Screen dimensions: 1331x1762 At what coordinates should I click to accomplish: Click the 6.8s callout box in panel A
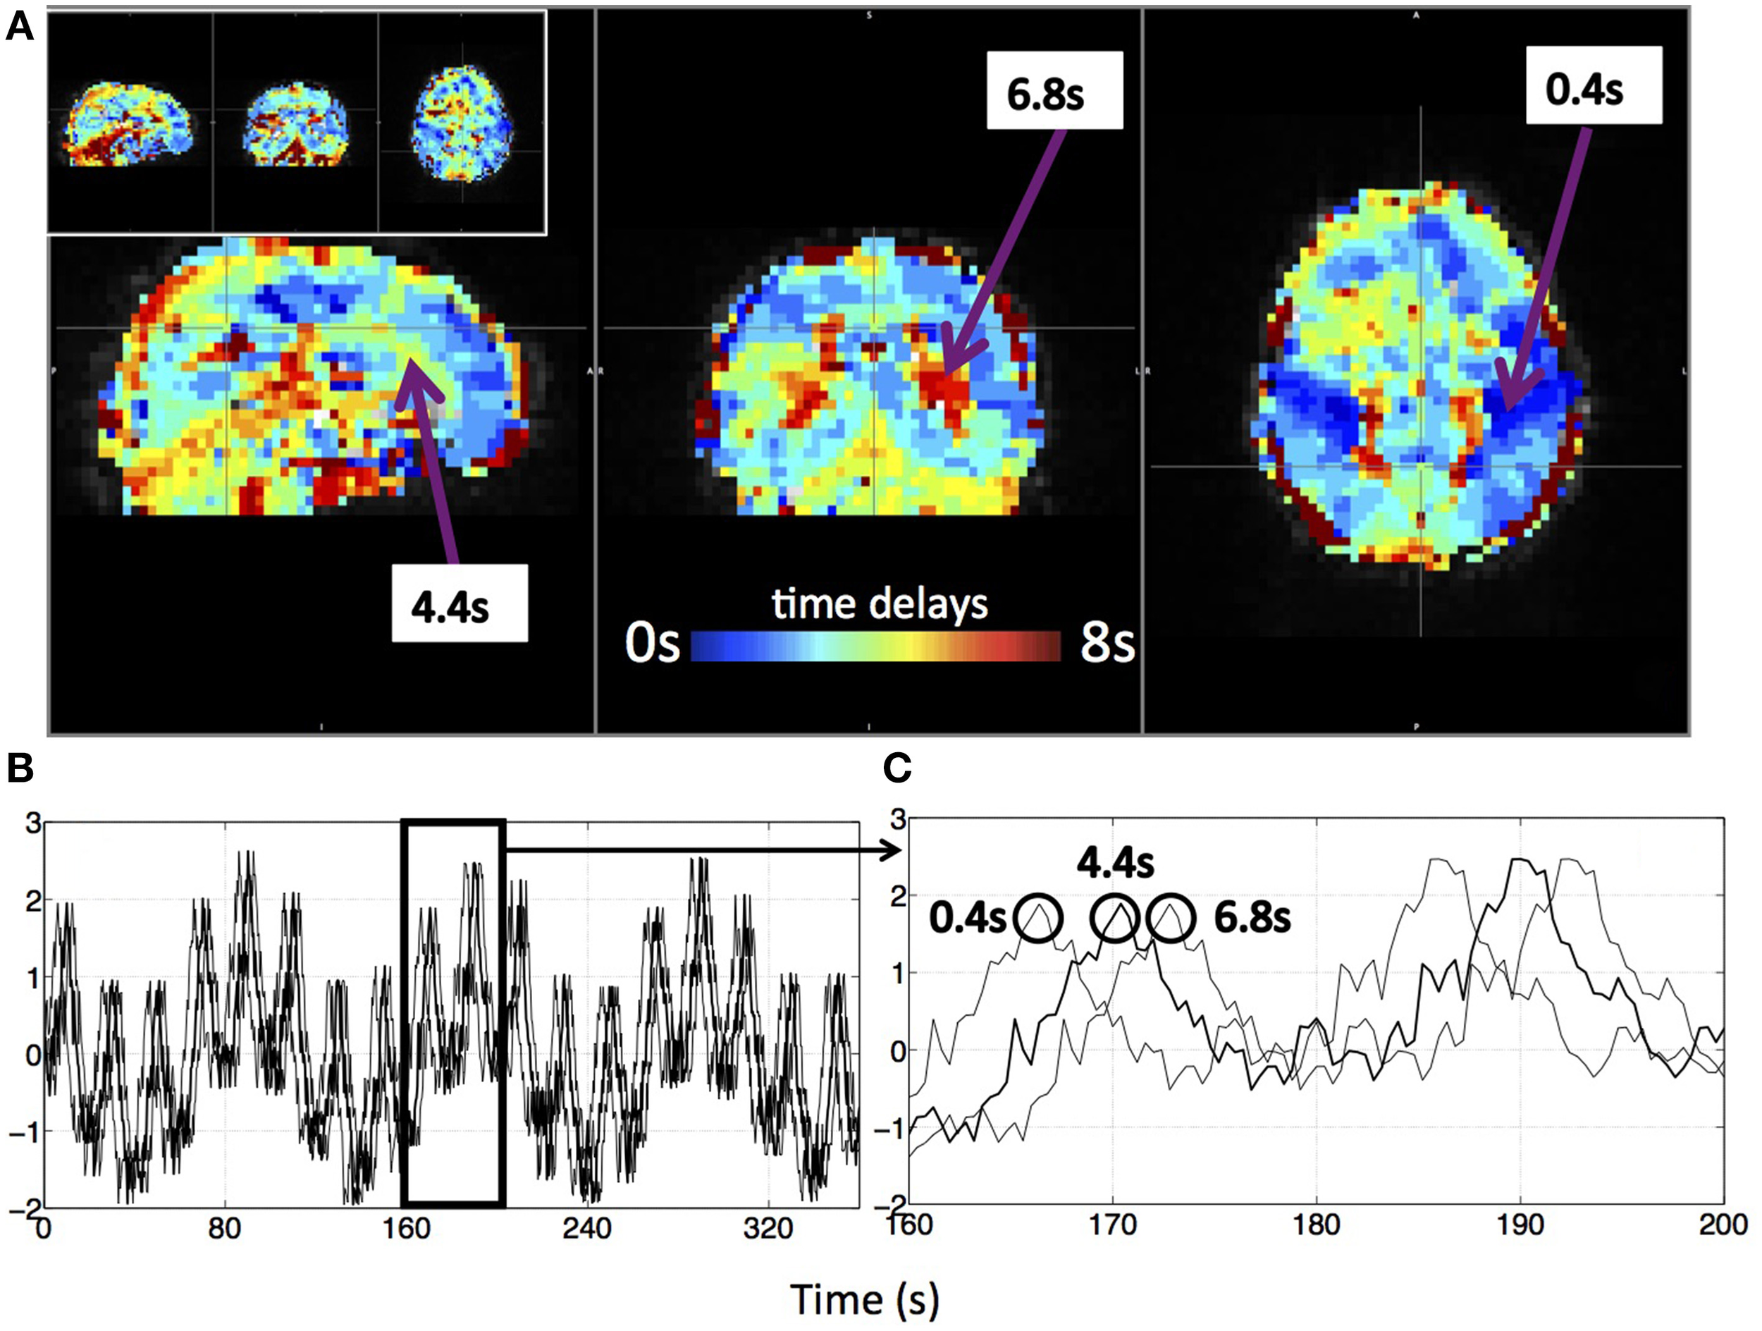(1054, 91)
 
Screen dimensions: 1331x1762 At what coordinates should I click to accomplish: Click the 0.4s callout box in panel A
(1592, 85)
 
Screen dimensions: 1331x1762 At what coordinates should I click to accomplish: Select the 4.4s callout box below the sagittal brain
(459, 603)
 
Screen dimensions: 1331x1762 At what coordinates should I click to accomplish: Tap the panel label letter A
(19, 29)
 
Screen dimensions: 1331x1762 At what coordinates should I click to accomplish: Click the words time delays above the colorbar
(880, 605)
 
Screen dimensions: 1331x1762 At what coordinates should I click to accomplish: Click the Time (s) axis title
(865, 1299)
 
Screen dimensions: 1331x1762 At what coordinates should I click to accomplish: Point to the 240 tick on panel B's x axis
(587, 1229)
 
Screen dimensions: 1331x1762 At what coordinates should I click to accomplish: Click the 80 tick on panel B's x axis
(225, 1229)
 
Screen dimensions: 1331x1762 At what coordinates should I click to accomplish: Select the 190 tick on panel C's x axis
(1520, 1225)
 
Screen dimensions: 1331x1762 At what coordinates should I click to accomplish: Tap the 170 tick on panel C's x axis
(1112, 1225)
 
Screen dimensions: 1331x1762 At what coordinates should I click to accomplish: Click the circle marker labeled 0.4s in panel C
(1039, 919)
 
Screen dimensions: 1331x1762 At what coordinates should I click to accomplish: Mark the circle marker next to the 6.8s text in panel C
(1170, 919)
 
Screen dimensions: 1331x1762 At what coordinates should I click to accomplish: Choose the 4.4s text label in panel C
(1115, 863)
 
